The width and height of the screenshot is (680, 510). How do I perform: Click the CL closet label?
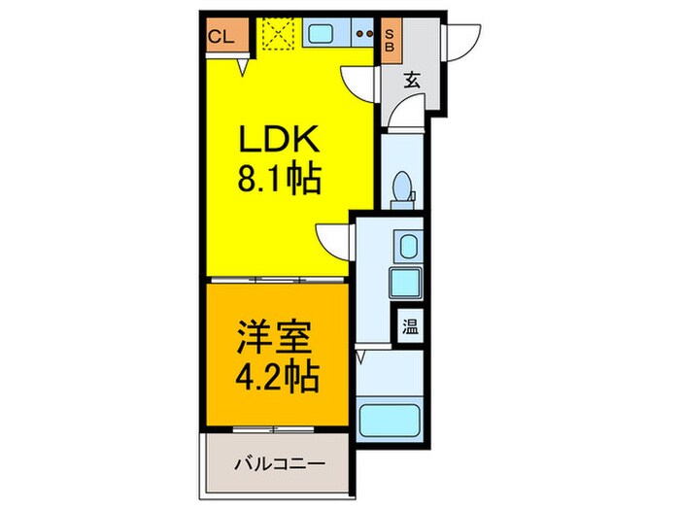[221, 38]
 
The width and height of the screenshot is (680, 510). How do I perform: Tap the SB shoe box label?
[390, 38]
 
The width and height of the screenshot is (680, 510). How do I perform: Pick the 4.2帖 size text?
[280, 376]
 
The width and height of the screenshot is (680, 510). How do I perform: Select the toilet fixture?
[400, 188]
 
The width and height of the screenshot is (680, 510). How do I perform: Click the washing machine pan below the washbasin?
[405, 283]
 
